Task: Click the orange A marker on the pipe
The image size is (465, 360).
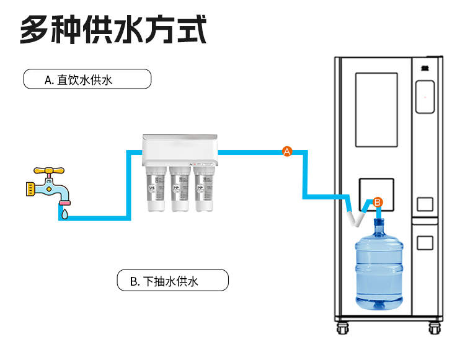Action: coord(287,151)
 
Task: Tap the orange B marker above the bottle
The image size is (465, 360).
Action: coord(378,202)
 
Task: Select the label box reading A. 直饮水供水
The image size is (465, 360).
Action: coord(87,79)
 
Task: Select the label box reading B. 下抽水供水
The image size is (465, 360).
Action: coord(173,281)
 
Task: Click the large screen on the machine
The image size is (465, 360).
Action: coord(376,110)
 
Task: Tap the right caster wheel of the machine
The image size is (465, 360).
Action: coord(433,329)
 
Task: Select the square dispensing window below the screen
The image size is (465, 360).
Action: coord(376,193)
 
